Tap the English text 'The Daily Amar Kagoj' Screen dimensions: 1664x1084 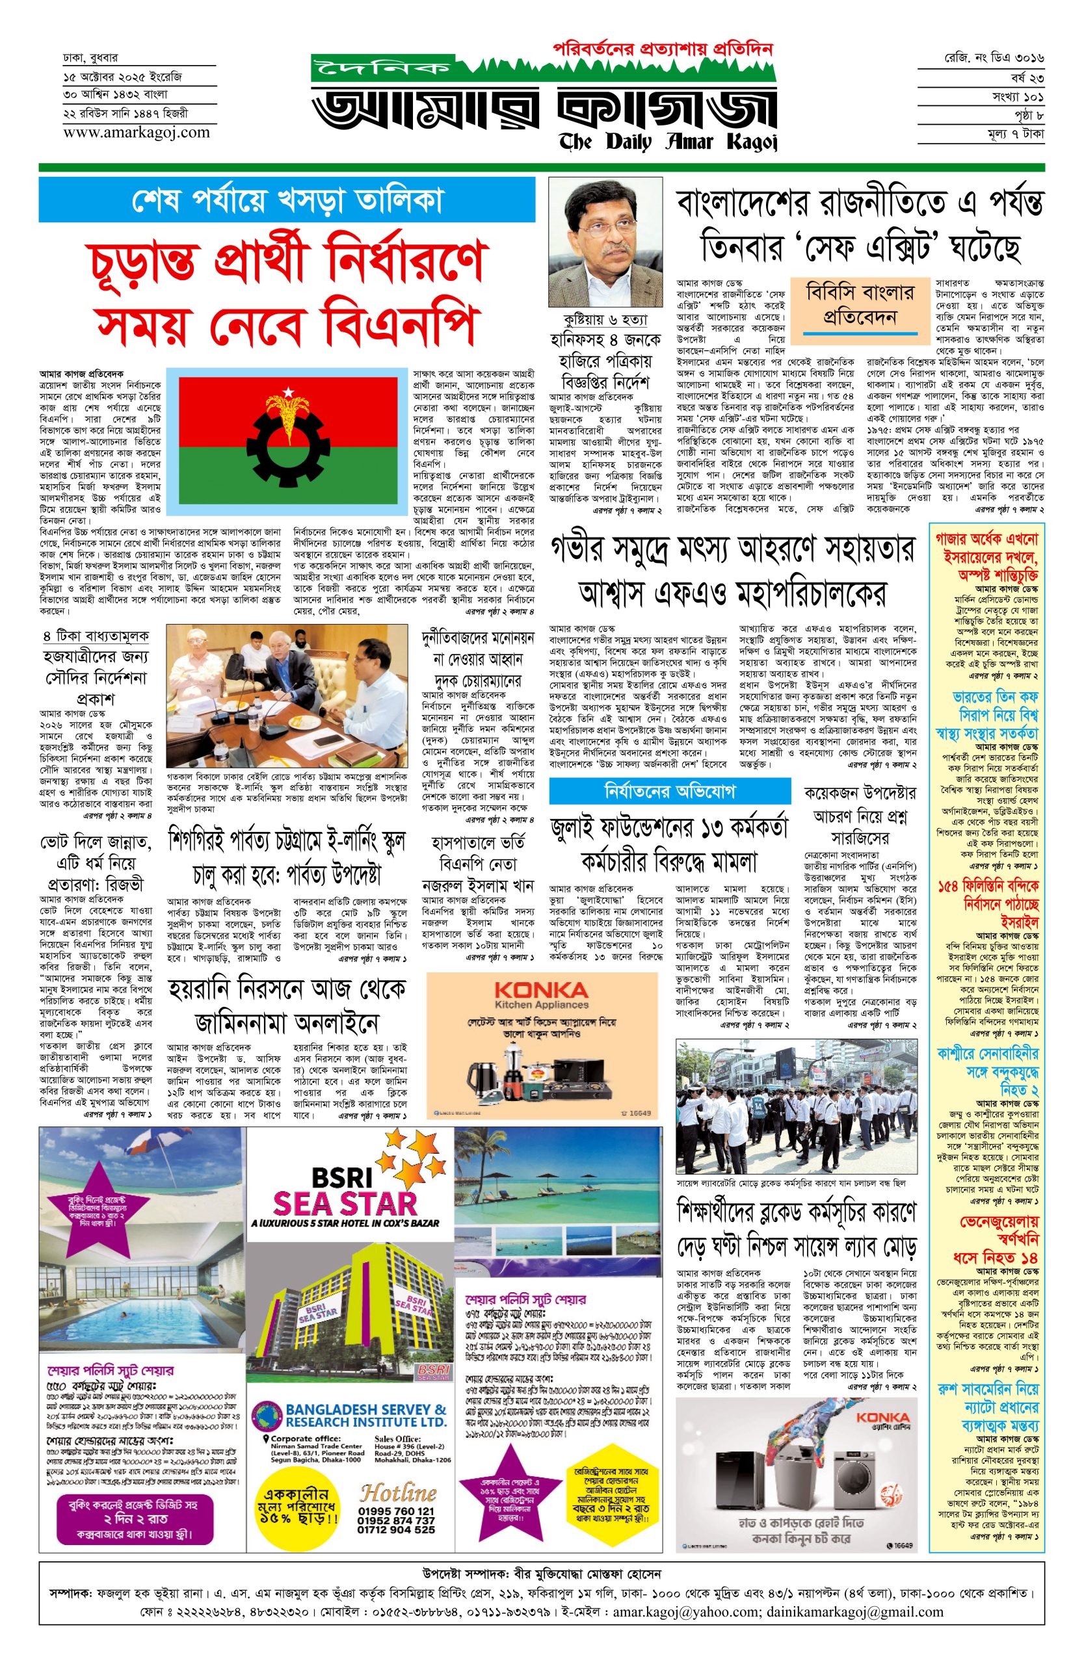click(668, 142)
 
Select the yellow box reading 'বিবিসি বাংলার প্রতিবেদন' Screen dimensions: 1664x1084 click(860, 304)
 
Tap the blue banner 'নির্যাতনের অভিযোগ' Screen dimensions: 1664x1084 click(670, 792)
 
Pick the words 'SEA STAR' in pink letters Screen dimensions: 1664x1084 click(345, 1203)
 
